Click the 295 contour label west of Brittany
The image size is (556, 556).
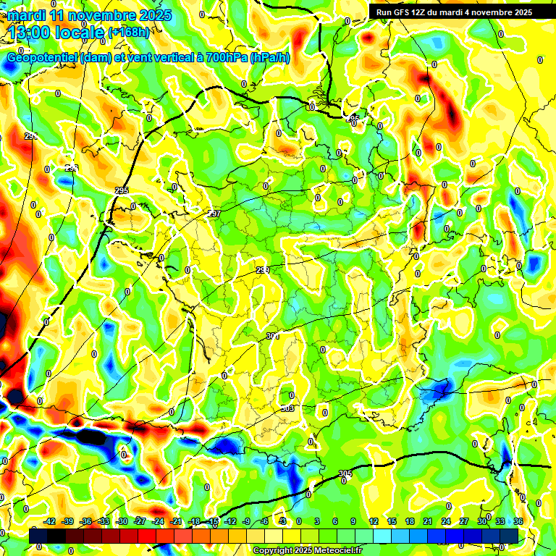tap(121, 190)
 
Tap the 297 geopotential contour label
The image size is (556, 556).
tap(214, 214)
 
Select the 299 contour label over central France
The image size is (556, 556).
tap(262, 270)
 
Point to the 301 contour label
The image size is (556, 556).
tap(271, 336)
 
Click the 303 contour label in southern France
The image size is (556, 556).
tap(287, 408)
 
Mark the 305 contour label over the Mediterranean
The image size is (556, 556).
tap(345, 473)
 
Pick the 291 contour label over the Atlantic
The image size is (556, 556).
tap(30, 136)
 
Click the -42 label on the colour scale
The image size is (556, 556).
tap(49, 521)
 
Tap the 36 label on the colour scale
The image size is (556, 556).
tap(518, 521)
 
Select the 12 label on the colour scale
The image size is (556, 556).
tap(374, 521)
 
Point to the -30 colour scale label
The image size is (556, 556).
tap(122, 521)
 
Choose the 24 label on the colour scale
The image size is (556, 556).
tap(446, 521)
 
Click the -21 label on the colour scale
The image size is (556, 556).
tap(176, 521)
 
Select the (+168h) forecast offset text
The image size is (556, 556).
tap(128, 32)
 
